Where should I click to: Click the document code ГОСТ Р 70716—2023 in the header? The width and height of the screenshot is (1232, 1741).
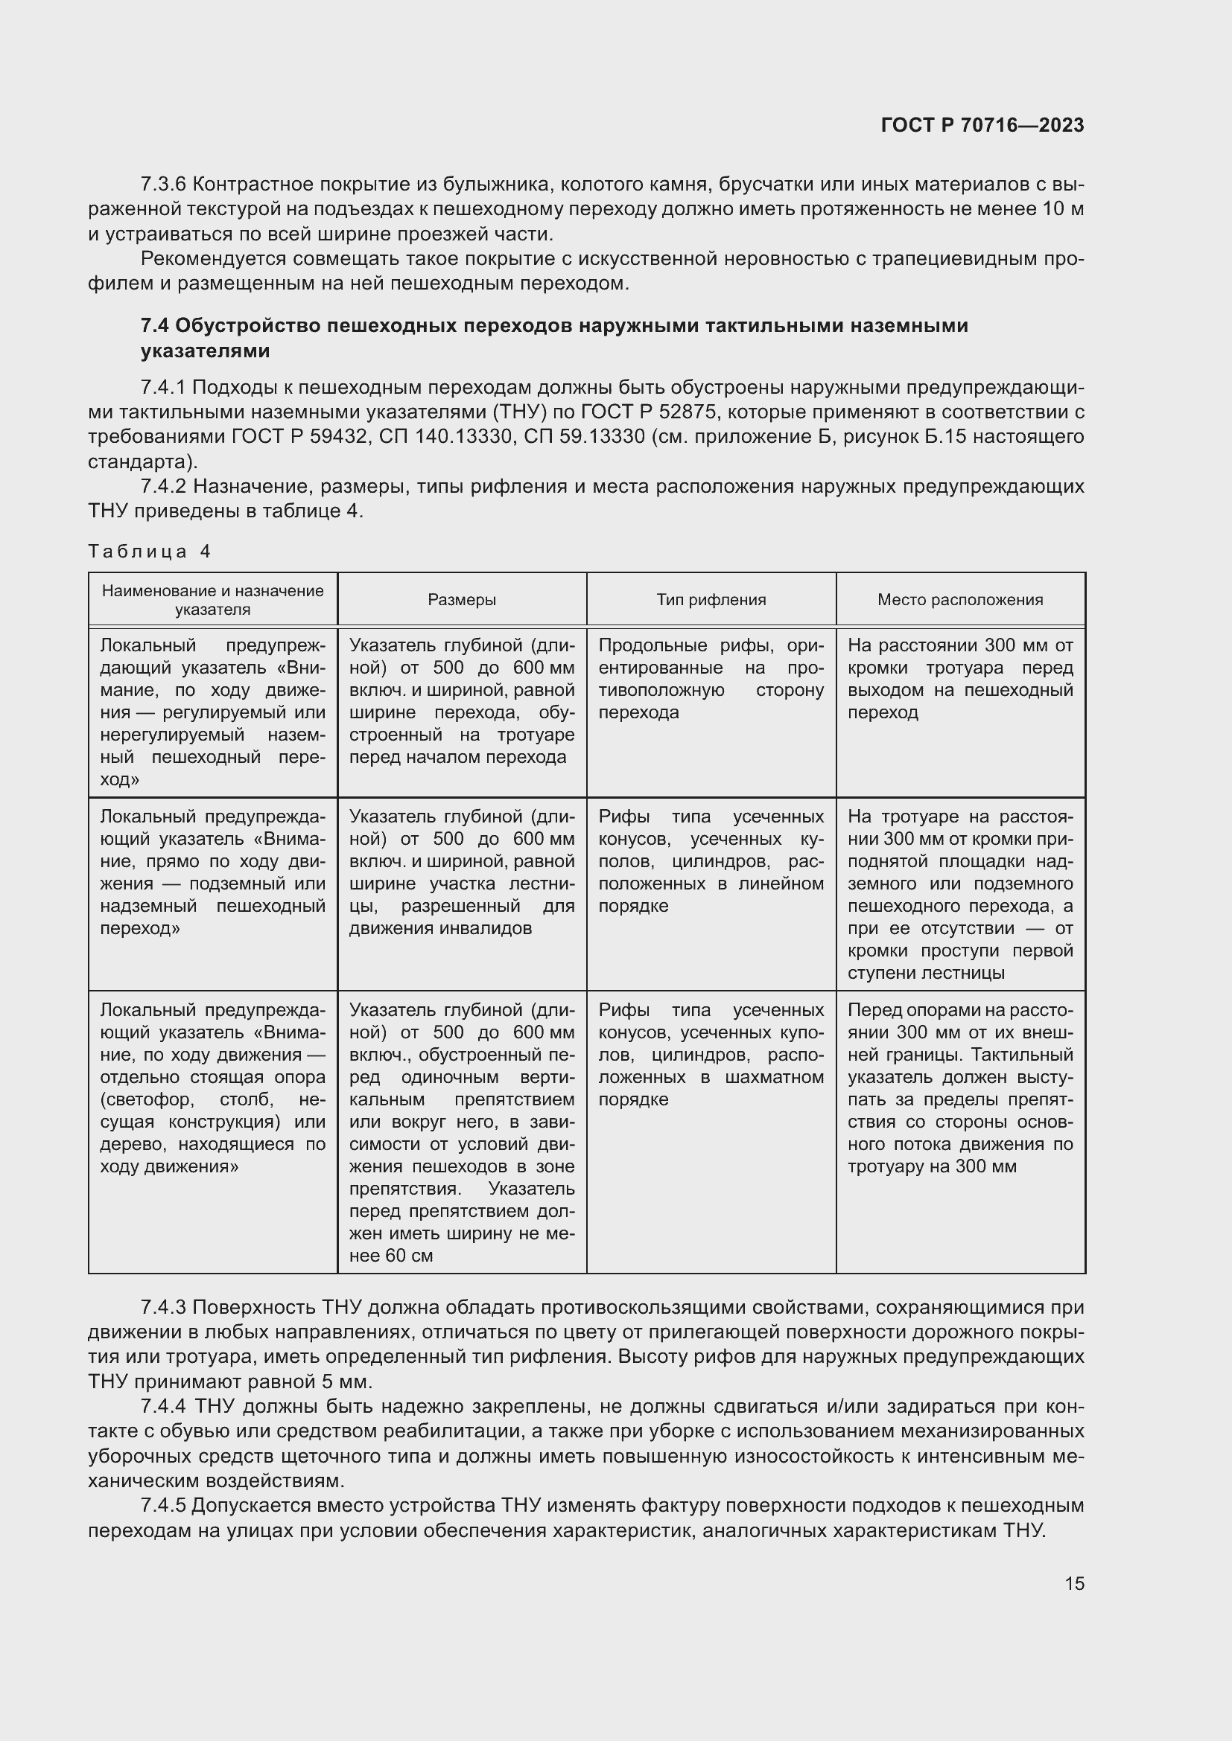click(982, 126)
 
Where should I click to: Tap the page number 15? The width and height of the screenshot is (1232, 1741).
click(1074, 1583)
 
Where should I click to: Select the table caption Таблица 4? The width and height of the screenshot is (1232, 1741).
click(149, 552)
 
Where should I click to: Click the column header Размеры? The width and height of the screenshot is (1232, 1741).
click(461, 600)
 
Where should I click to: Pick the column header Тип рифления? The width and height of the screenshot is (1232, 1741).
click(711, 600)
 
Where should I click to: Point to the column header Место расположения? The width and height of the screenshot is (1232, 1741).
click(959, 600)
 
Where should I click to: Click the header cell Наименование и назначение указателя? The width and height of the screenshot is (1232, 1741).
click(212, 600)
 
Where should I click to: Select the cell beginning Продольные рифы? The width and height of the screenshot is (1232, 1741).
click(711, 679)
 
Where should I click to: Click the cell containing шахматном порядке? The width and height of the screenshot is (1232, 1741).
click(711, 1055)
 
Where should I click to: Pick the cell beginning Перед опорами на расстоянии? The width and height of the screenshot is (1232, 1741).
click(959, 1088)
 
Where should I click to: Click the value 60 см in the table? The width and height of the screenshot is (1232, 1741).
click(409, 1256)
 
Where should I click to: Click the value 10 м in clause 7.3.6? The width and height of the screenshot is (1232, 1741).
click(1063, 209)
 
